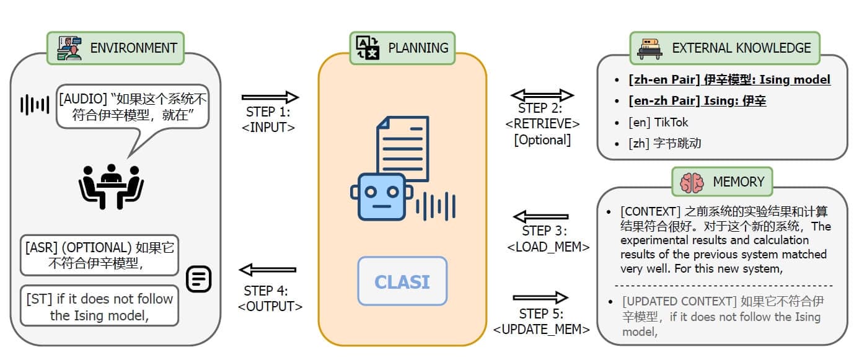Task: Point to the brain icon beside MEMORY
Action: [x=692, y=182]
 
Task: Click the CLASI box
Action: [x=403, y=281]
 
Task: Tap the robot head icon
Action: [x=382, y=197]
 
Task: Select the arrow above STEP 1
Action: [x=270, y=97]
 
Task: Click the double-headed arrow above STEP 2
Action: [x=542, y=95]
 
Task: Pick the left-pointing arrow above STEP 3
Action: [x=541, y=216]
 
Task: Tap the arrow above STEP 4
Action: [x=268, y=270]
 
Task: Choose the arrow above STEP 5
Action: [x=541, y=297]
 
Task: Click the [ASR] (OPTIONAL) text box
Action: [x=100, y=255]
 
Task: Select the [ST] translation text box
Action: [x=100, y=306]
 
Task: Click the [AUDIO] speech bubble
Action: [x=133, y=107]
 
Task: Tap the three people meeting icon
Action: [x=111, y=187]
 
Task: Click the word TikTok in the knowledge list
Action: [x=671, y=122]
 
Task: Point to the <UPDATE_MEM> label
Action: [x=542, y=329]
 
